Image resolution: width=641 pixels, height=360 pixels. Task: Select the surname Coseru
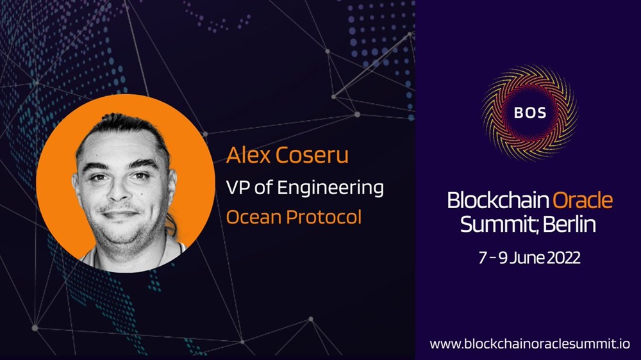click(x=312, y=155)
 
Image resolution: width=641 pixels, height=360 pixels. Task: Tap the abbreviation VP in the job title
click(x=238, y=188)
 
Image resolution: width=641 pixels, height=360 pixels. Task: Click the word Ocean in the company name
click(x=253, y=217)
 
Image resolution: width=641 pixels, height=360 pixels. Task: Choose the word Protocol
click(x=324, y=217)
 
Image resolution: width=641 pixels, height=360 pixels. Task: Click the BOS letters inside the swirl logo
click(x=530, y=112)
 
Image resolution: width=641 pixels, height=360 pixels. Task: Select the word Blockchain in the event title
click(x=498, y=200)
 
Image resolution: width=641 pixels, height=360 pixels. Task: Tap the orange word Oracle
click(x=583, y=200)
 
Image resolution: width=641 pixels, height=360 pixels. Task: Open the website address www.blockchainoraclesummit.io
click(x=530, y=343)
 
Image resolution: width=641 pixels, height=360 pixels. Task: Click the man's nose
click(x=118, y=189)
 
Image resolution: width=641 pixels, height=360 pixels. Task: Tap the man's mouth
click(x=119, y=214)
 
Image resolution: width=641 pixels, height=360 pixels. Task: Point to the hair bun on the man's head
click(x=119, y=119)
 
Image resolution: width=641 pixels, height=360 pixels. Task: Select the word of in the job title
click(x=263, y=188)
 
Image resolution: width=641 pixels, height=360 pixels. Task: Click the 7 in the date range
click(x=483, y=258)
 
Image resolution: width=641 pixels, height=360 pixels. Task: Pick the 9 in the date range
click(x=503, y=258)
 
